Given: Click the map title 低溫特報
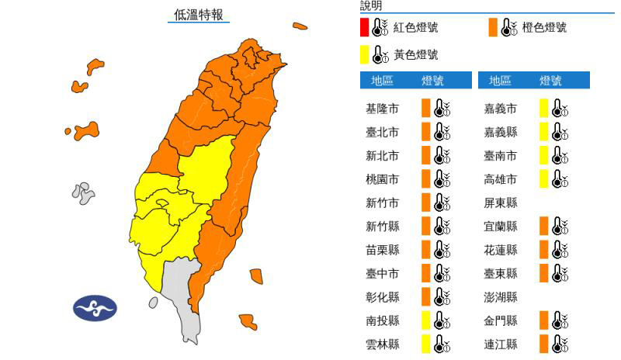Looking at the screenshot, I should tap(198, 14).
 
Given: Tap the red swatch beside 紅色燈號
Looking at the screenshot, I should tap(364, 28).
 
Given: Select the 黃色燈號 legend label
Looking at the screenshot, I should tap(415, 55).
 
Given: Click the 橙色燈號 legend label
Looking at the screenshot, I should tap(545, 28).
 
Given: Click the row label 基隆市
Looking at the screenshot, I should tap(382, 109).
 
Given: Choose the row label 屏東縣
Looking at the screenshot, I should tap(501, 202).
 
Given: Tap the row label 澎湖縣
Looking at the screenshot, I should tap(501, 296).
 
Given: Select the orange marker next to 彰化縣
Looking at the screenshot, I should tap(425, 296).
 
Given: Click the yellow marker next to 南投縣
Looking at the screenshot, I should tap(425, 320).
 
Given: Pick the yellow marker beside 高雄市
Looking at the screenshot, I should tap(544, 179).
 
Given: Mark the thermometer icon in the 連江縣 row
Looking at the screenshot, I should tap(560, 344).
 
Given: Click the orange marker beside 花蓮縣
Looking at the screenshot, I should tap(544, 250).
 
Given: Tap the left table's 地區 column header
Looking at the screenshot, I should tap(382, 81).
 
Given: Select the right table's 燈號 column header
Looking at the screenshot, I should tap(550, 81).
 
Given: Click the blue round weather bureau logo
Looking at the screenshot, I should tap(95, 308).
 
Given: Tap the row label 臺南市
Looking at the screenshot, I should tap(501, 156).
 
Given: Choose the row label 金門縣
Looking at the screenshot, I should tap(501, 320).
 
